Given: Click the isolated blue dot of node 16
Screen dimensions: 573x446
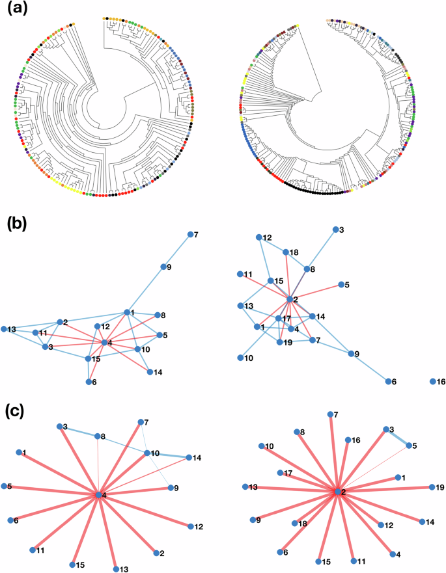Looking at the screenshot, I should point(432,381).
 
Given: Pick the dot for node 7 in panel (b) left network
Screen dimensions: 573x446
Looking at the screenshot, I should point(190,235).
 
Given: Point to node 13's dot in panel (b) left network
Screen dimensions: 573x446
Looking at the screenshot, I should point(5,329).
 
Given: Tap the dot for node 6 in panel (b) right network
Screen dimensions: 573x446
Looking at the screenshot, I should point(389,381).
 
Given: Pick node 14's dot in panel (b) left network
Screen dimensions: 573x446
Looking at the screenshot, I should point(150,372).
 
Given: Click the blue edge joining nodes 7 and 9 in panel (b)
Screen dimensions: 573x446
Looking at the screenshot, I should point(178,250).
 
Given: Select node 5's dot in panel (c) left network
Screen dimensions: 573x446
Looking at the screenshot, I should point(5,486).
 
